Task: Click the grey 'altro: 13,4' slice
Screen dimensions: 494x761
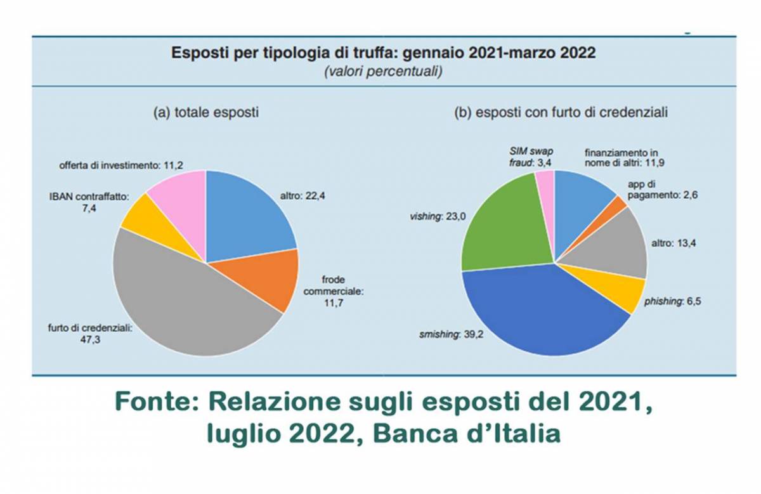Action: click(612, 247)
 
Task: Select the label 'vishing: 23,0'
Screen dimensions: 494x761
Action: click(438, 217)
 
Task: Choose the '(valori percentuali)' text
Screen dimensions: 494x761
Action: click(383, 72)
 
